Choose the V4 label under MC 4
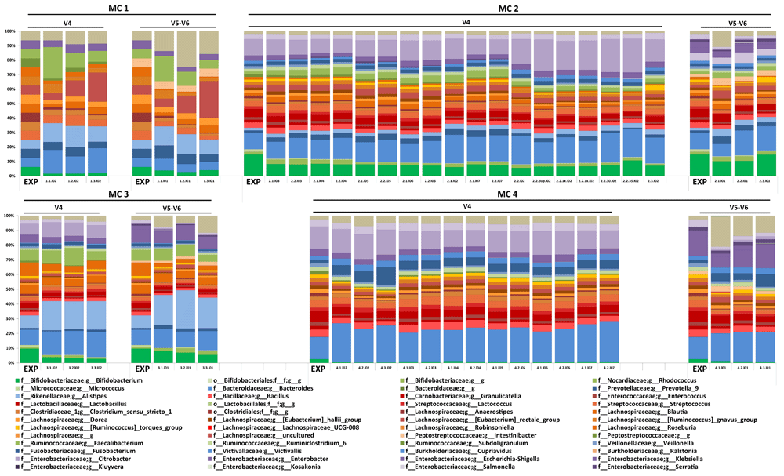point(462,206)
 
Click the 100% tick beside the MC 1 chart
point(9,31)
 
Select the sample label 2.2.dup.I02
point(543,181)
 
